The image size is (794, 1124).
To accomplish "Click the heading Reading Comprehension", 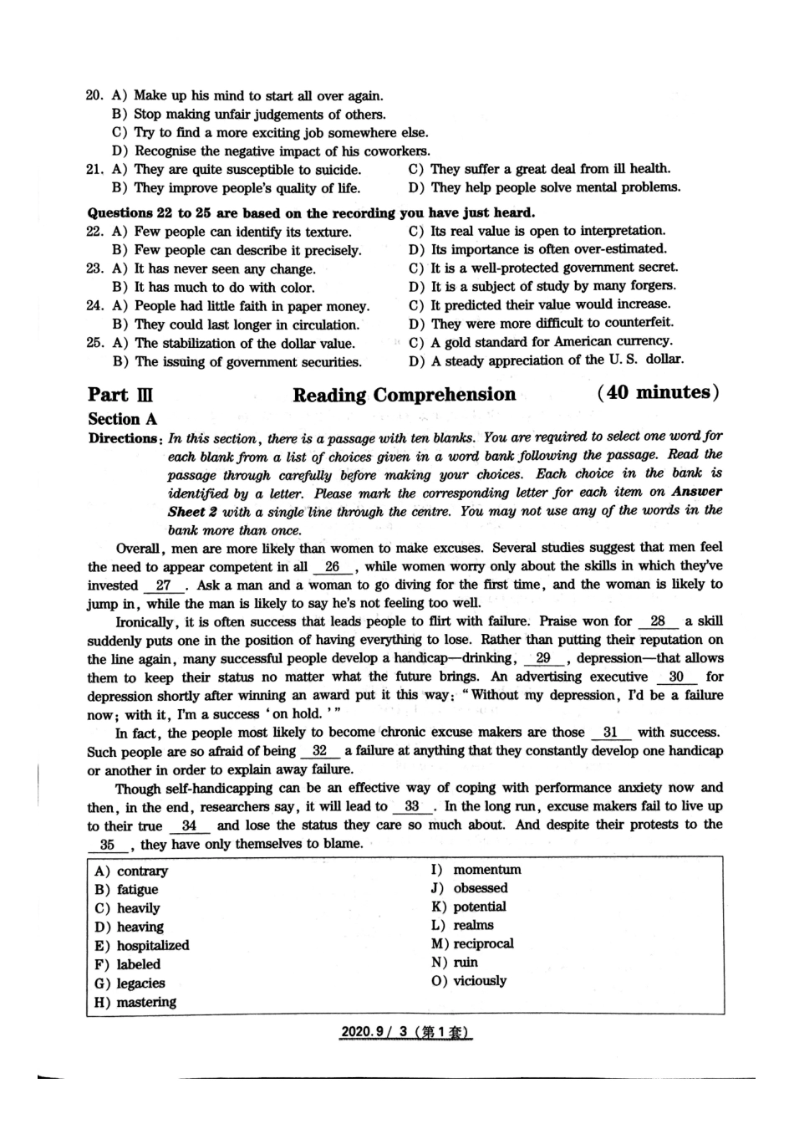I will (404, 395).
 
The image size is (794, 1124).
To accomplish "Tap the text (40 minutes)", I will (658, 392).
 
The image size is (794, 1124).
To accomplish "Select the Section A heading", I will (122, 419).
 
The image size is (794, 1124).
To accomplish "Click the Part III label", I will (120, 395).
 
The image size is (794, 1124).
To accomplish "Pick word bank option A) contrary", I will (131, 871).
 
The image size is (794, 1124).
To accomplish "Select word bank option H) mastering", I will (135, 1002).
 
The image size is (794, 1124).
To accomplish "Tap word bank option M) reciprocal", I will (472, 943).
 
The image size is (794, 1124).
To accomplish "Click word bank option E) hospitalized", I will (142, 945).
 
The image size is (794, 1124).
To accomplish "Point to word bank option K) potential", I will (469, 907).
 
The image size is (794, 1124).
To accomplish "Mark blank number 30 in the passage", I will (676, 677).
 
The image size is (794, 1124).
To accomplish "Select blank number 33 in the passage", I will (411, 807).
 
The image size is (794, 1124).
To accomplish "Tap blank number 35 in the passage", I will (107, 845).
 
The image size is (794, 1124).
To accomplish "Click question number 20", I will (94, 96).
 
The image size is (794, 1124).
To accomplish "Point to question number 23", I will (94, 269).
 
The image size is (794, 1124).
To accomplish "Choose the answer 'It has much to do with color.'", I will (224, 288).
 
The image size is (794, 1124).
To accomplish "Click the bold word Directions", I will (123, 439).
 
